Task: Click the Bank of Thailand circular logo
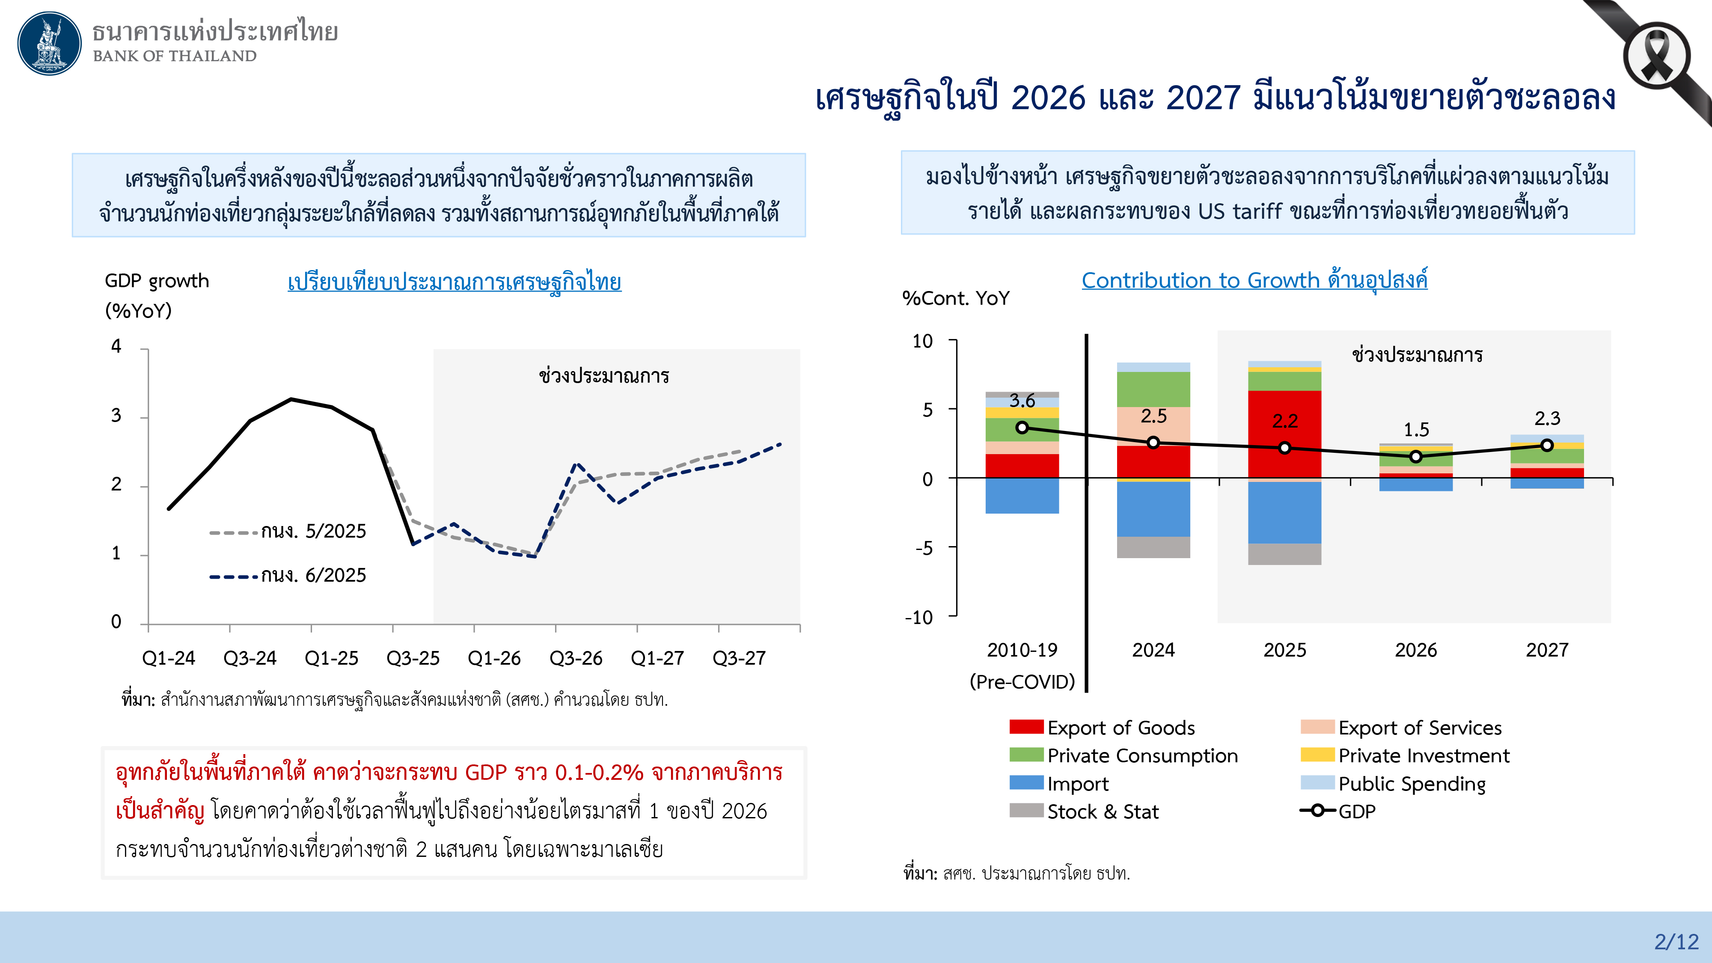49,43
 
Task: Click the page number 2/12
1676,941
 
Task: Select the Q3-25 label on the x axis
413,658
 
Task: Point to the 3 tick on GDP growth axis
116,416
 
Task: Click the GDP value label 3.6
1022,401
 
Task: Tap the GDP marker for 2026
1415,457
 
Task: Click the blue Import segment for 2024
1153,509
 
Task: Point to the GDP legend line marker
1317,810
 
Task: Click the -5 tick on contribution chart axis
923,548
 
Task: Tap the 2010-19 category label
1022,650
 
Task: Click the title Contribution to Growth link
1254,280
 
